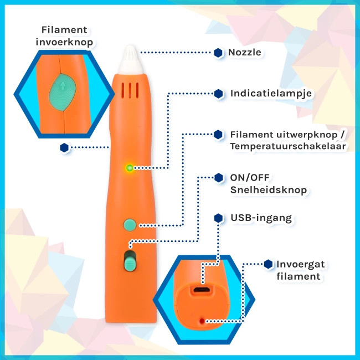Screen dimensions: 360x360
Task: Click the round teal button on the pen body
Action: click(x=130, y=224)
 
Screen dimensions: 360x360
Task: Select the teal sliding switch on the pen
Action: click(x=131, y=260)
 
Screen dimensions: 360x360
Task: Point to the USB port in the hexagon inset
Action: click(x=202, y=290)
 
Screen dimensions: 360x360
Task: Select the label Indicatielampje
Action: click(x=271, y=93)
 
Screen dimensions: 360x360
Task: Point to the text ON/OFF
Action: click(x=249, y=178)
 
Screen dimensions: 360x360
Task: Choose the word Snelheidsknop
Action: click(x=268, y=191)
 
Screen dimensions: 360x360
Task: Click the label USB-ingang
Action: click(x=261, y=218)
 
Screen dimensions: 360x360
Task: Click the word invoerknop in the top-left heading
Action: click(x=64, y=42)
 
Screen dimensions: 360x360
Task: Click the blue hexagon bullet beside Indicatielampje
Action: click(x=219, y=93)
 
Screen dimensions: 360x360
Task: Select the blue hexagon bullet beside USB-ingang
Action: click(x=219, y=218)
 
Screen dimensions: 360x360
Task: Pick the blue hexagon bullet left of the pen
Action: click(x=64, y=147)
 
